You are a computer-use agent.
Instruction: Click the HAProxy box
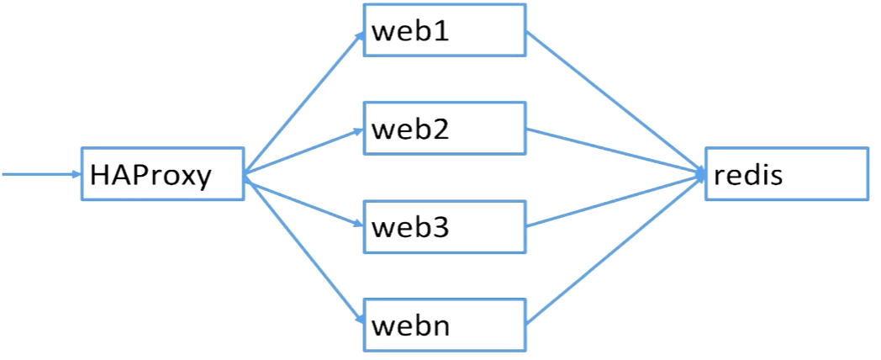162,174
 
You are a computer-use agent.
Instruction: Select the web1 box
444,31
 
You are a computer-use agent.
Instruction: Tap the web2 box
444,129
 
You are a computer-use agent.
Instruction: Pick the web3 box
444,226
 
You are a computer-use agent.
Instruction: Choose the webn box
444,324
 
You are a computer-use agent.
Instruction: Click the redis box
786,174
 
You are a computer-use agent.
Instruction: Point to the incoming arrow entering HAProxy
42,174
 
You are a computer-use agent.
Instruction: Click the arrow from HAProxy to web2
303,151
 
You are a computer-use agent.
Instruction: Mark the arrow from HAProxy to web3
303,200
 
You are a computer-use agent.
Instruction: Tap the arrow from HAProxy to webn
303,248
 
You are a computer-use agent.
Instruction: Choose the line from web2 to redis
614,151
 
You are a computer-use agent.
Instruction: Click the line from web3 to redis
614,200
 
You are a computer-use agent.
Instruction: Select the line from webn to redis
614,249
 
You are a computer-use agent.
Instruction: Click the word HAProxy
150,176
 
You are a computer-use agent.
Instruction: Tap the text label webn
411,325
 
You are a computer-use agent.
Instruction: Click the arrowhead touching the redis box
699,174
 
